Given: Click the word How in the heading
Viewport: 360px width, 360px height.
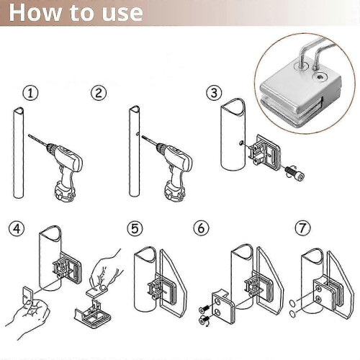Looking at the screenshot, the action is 35,12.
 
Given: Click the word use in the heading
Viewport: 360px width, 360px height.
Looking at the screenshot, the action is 122,14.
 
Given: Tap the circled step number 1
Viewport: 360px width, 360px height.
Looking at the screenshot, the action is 30,93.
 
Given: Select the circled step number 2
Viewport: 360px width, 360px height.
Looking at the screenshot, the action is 99,93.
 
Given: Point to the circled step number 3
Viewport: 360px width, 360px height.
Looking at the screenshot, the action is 215,93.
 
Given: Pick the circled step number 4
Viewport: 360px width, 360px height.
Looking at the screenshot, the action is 17,229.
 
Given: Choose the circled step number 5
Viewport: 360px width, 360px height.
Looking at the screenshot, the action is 135,229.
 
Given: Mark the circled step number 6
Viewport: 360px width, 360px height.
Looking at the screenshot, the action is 201,228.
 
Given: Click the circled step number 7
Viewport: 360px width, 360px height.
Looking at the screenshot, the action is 302,228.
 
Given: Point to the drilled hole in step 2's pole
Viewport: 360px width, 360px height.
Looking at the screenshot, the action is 137,134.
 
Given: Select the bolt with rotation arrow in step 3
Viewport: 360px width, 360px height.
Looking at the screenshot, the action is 293,172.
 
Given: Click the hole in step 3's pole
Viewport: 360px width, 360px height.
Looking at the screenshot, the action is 241,143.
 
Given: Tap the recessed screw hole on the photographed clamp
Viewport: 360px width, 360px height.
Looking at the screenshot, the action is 320,77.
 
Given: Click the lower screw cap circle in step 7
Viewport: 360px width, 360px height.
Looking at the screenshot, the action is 292,313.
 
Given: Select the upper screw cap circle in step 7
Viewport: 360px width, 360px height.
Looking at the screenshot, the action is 293,303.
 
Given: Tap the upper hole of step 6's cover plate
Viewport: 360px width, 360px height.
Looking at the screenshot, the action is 217,302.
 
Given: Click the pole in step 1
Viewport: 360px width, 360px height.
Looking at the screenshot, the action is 19,153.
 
